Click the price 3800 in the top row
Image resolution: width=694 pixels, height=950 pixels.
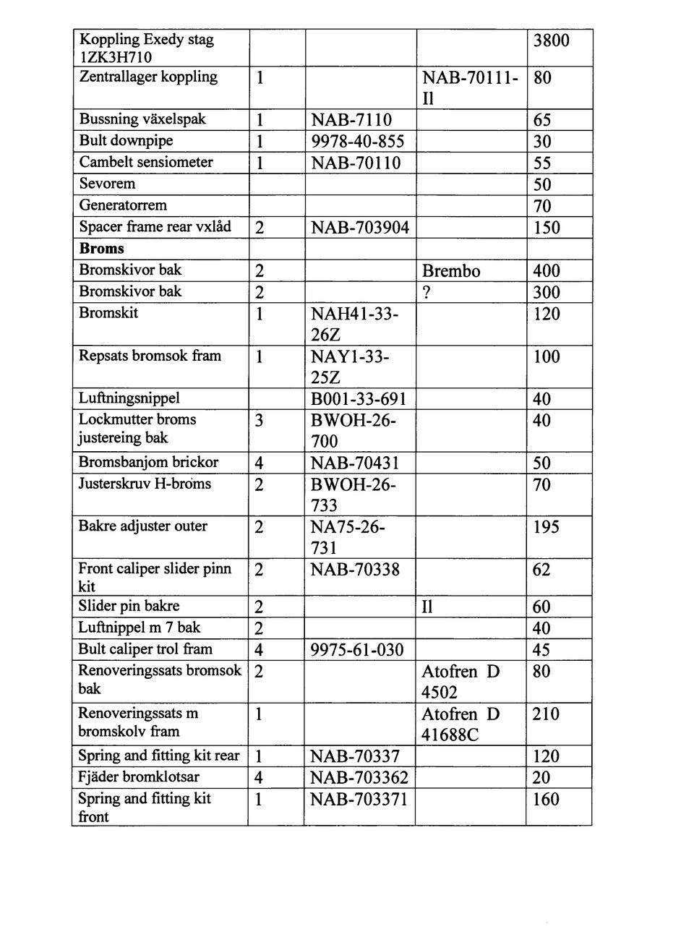551,40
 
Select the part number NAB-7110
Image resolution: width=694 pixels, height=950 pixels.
351,120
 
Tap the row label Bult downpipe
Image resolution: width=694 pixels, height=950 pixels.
126,141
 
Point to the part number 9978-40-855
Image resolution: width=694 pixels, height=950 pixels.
357,142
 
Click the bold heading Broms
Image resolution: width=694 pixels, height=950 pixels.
102,249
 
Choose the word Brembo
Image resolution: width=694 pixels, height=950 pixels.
451,271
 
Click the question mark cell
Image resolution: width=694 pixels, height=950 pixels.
426,292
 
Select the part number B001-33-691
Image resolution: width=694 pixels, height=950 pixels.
358,399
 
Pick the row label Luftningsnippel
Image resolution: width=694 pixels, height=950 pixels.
129,398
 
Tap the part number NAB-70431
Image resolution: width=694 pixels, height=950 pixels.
354,463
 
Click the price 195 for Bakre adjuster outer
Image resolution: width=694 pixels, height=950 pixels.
546,527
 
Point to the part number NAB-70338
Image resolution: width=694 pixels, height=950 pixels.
354,570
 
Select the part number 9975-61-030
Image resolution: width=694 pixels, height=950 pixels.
357,650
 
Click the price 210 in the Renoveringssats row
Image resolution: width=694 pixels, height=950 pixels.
546,714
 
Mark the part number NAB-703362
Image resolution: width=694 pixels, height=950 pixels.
359,778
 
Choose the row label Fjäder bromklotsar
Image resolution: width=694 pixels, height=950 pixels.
139,777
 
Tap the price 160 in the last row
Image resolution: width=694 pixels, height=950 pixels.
546,800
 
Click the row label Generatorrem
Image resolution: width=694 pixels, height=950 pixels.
123,205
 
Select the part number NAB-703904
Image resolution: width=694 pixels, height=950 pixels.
359,228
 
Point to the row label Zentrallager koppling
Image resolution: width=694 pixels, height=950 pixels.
148,77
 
